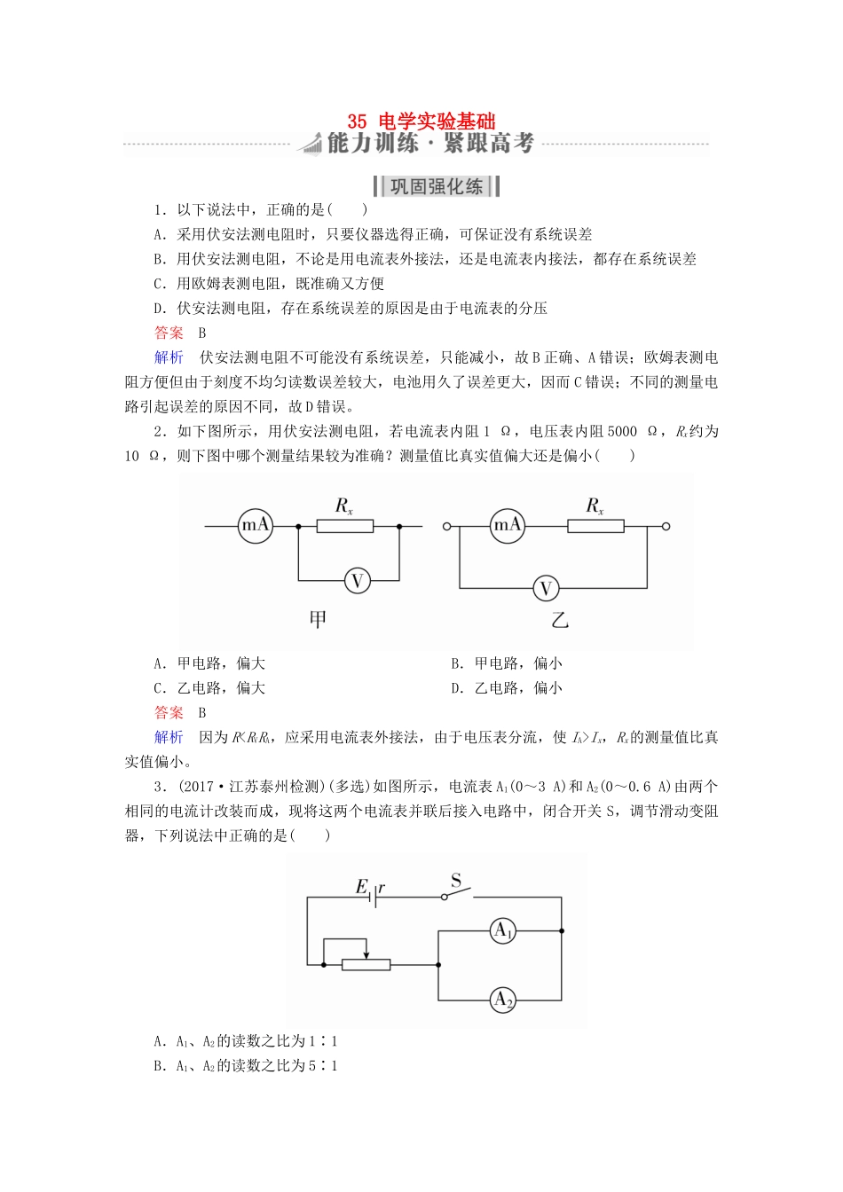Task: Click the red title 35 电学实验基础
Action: point(421,121)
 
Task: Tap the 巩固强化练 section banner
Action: point(436,186)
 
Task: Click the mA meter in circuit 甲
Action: point(256,526)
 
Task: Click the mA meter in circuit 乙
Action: point(508,526)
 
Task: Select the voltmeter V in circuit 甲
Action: point(358,581)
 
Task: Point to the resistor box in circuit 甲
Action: point(345,526)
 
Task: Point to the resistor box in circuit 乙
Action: point(595,526)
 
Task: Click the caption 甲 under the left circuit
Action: point(318,619)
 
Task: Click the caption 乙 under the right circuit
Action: point(559,619)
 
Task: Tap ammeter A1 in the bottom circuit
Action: point(503,930)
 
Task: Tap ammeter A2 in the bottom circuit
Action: point(503,1000)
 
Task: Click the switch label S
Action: point(456,881)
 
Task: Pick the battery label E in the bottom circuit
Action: point(361,886)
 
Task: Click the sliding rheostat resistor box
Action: point(366,964)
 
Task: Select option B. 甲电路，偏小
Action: point(507,663)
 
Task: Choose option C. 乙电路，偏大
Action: point(209,688)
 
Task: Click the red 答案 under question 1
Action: point(169,333)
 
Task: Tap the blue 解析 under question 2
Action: point(169,737)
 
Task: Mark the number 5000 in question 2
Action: point(622,431)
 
